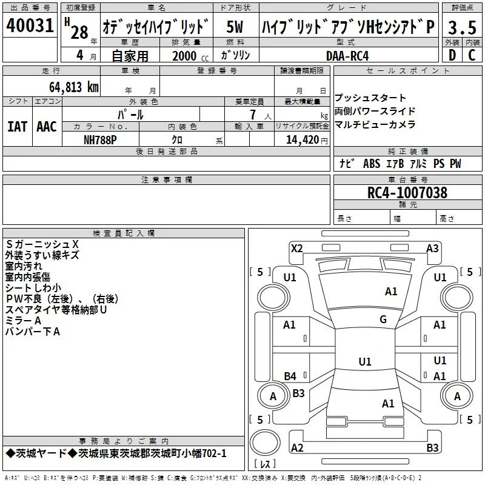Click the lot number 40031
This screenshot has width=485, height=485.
click(x=30, y=25)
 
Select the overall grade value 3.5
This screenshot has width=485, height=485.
click(x=462, y=27)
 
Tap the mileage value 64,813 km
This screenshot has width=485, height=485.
click(x=74, y=87)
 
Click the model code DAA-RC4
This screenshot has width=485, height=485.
click(x=347, y=56)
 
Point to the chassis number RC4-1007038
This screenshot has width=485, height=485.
click(x=407, y=193)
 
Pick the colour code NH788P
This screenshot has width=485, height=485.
click(x=100, y=140)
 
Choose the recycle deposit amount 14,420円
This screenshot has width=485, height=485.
click(x=307, y=140)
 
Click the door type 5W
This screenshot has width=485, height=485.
click(x=235, y=27)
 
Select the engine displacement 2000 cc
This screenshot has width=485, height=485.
click(x=190, y=56)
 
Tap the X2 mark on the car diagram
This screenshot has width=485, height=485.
click(x=296, y=249)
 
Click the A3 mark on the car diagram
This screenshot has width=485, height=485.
click(x=432, y=249)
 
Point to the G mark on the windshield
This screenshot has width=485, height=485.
click(x=383, y=319)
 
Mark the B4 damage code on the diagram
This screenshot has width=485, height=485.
click(x=290, y=376)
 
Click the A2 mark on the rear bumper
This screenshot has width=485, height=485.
click(x=297, y=447)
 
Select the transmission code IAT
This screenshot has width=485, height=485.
click(x=18, y=127)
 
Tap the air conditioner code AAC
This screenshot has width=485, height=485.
click(x=47, y=127)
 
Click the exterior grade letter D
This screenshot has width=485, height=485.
click(x=452, y=55)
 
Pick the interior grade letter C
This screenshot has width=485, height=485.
click(x=472, y=55)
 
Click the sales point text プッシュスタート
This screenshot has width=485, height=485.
click(x=370, y=98)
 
